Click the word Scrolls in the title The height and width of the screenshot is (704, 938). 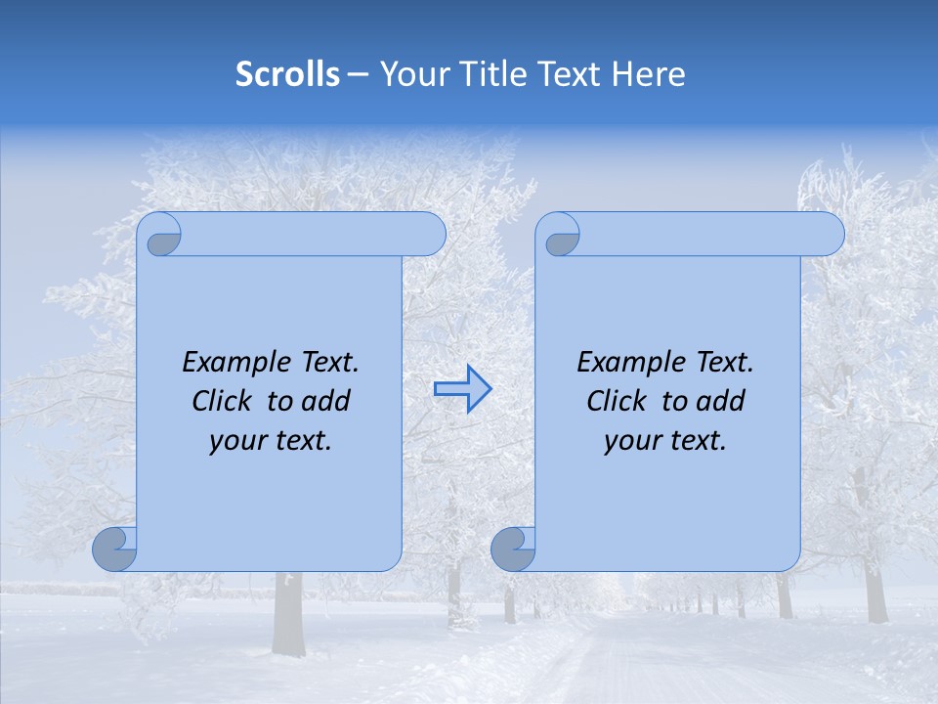[x=287, y=74]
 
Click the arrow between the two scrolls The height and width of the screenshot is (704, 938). [x=462, y=389]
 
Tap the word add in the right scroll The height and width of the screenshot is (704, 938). [x=721, y=401]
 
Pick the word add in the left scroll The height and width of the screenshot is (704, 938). [x=326, y=401]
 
